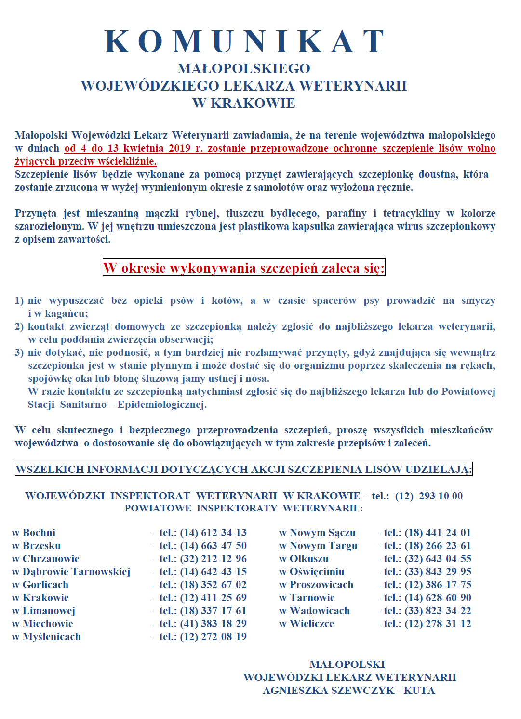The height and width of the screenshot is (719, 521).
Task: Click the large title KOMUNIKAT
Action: tap(245, 41)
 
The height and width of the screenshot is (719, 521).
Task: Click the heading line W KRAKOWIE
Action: tap(243, 103)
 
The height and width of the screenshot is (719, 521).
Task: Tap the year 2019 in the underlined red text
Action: tap(179, 148)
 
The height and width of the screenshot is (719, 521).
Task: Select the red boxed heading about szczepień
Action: tap(244, 268)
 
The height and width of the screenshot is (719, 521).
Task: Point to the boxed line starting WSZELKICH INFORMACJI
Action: tap(243, 469)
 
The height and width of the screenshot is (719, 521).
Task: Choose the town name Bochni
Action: tap(39, 533)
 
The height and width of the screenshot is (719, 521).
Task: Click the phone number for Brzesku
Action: tap(213, 546)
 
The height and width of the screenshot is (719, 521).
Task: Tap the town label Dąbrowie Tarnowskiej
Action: tap(76, 572)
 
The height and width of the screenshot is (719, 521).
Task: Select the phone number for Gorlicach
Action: tap(213, 585)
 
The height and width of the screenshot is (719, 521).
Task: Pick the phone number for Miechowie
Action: tap(213, 624)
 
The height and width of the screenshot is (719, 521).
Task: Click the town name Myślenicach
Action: tap(52, 637)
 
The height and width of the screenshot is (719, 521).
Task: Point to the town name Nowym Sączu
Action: tap(322, 533)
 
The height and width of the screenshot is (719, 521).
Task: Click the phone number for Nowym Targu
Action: tap(438, 546)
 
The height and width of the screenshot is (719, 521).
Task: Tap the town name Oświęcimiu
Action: tap(317, 572)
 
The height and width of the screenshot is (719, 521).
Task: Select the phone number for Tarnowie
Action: tap(438, 598)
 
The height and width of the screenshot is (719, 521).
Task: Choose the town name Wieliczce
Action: tap(311, 624)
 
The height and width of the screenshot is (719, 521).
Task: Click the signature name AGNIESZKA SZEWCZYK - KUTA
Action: tap(349, 691)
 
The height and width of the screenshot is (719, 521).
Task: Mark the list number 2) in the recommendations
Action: tap(19, 327)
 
